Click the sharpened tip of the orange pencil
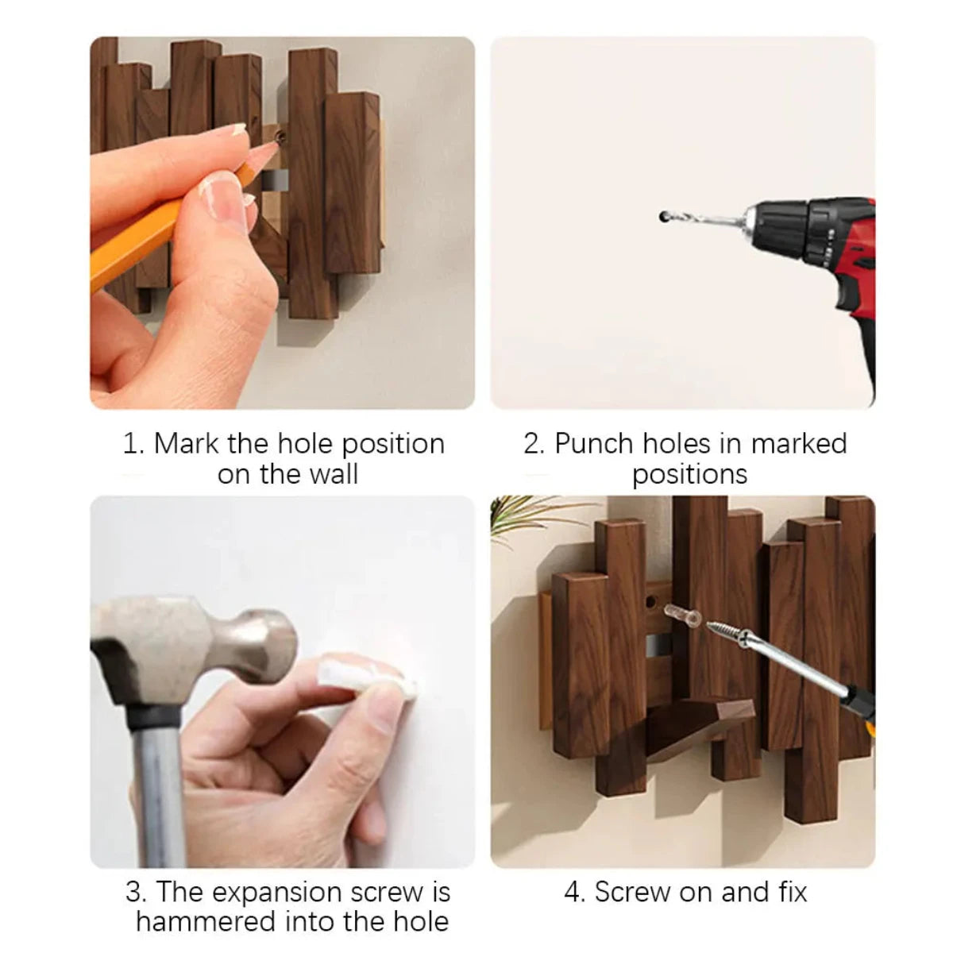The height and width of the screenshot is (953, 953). tap(274, 141)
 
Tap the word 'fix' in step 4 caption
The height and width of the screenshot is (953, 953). tap(792, 892)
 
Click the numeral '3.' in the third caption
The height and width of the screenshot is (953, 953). tap(136, 892)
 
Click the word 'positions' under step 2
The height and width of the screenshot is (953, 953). tap(689, 474)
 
